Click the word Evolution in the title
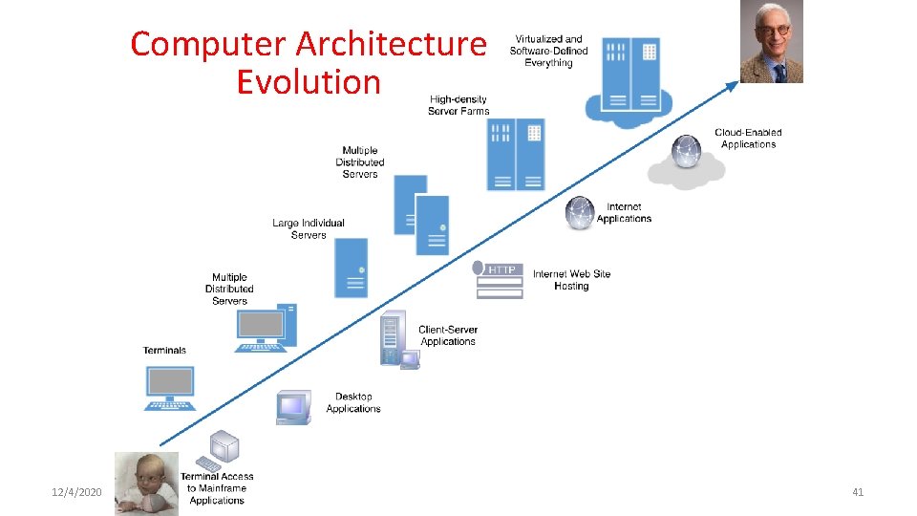click(309, 82)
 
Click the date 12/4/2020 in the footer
click(76, 492)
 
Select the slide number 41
click(857, 492)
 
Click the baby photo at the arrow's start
click(145, 483)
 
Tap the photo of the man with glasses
click(771, 41)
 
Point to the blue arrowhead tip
click(736, 83)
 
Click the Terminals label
click(165, 351)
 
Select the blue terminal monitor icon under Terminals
click(170, 387)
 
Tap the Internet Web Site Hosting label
click(571, 280)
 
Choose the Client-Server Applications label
click(447, 335)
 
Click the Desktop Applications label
click(353, 402)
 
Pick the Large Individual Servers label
click(308, 228)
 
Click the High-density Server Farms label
click(458, 105)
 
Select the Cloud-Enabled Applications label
click(748, 139)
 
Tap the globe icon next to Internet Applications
click(580, 213)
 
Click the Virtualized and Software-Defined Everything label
click(548, 51)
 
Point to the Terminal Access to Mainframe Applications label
click(217, 487)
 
